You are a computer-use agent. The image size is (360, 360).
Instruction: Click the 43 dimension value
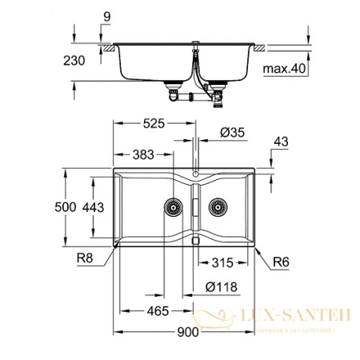pyautogui.click(x=279, y=142)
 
